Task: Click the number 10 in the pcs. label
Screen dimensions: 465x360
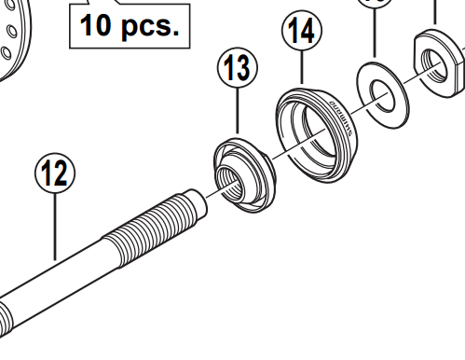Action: point(101,24)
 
